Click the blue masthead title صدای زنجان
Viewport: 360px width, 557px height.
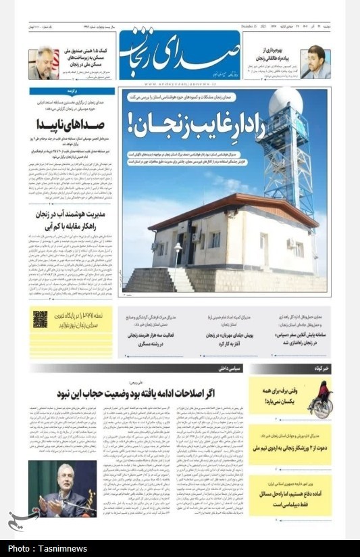180,55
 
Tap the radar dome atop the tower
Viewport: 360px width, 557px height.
286,103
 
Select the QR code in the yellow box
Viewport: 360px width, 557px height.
41,319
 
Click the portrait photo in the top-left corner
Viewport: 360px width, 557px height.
43,63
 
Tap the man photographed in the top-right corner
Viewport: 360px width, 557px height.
315,62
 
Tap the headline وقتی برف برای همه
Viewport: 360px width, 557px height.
278,390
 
